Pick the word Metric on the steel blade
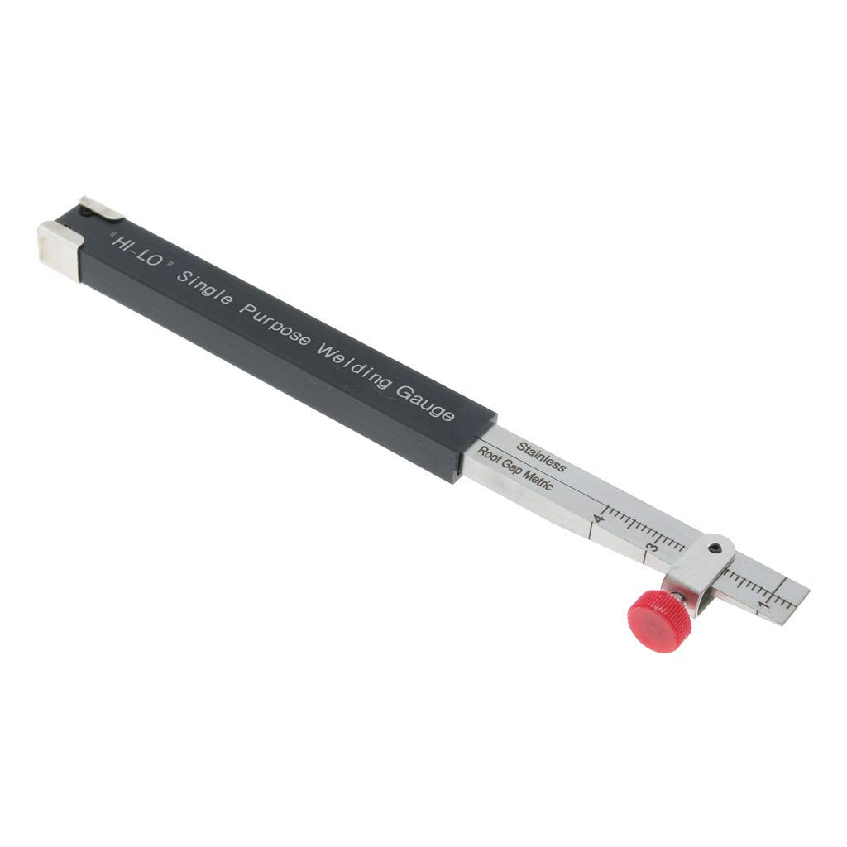tap(537, 481)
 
